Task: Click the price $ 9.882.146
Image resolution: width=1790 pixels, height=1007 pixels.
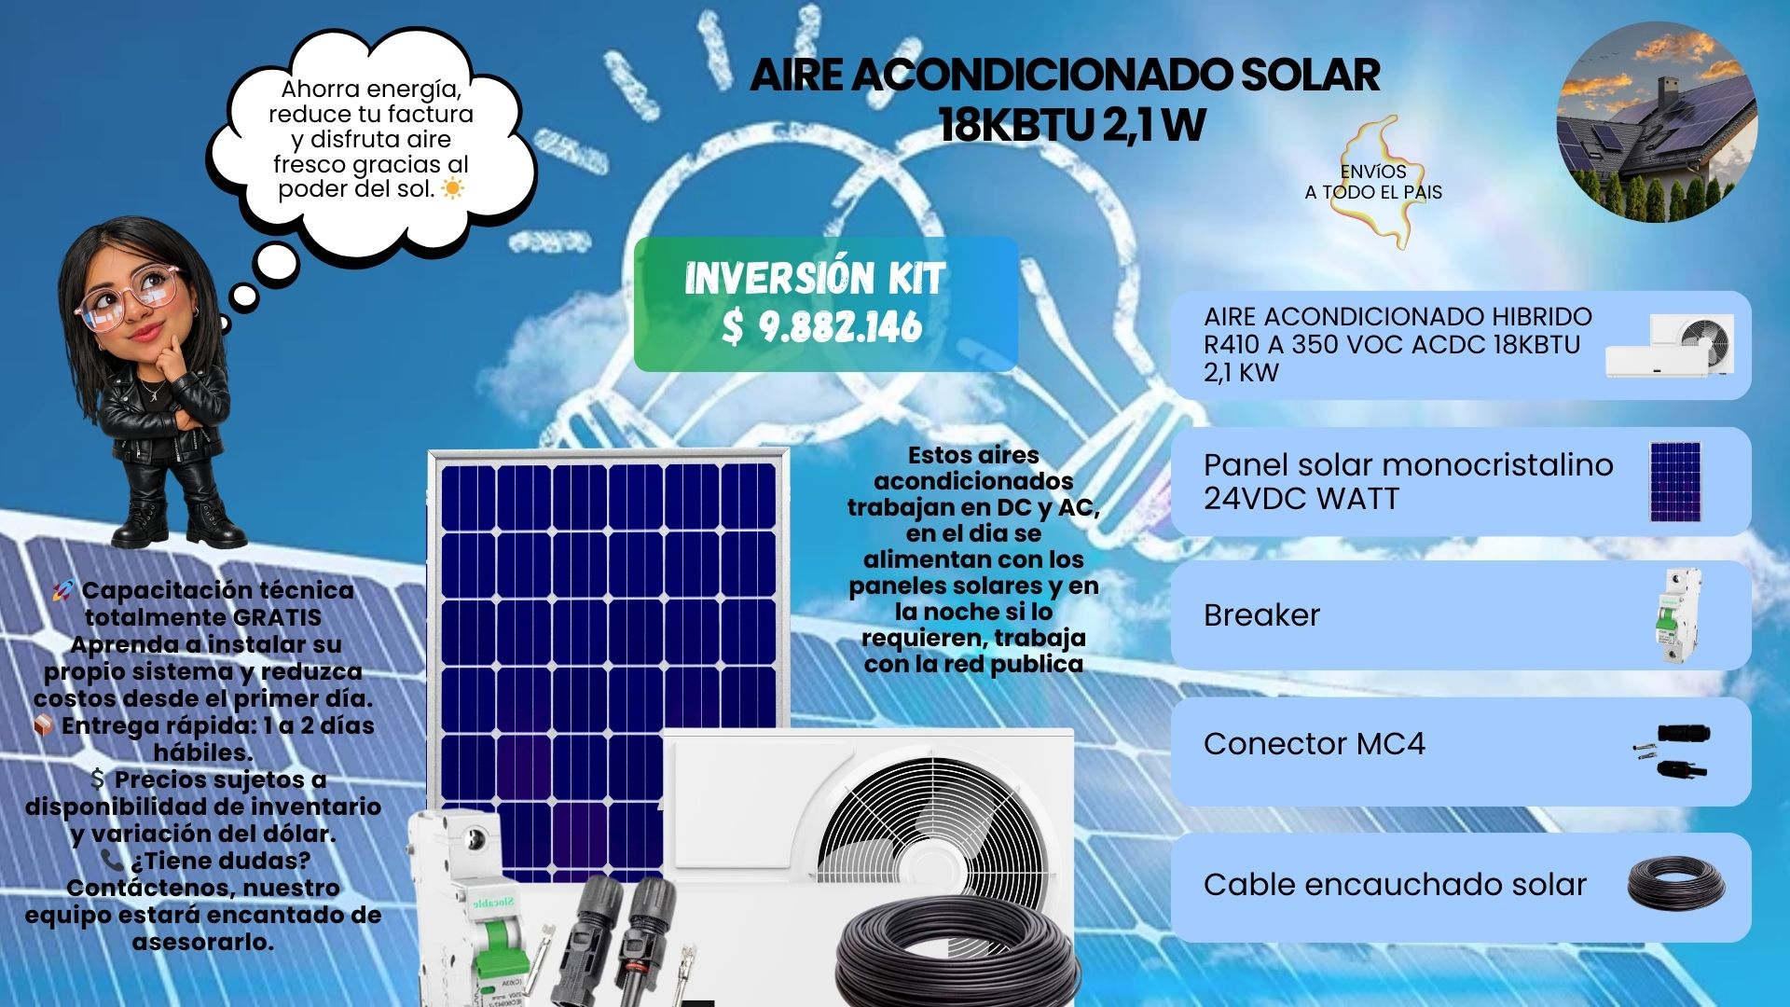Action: [822, 326]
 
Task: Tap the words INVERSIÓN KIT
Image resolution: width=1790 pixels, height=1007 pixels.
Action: [815, 278]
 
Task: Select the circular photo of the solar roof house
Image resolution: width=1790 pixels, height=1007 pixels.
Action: [1657, 122]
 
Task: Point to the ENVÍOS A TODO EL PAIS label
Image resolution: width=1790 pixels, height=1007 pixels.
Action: [1373, 182]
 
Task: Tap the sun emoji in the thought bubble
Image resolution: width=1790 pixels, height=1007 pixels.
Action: [452, 189]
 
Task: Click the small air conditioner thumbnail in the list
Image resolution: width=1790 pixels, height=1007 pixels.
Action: [1670, 345]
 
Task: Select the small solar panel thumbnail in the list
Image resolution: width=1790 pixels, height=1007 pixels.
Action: [1674, 481]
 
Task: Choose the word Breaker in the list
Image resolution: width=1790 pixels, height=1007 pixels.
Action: [1261, 615]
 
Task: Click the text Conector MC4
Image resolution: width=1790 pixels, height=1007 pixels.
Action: [1315, 744]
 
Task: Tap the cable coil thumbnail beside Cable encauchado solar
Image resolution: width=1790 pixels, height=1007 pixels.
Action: [1676, 883]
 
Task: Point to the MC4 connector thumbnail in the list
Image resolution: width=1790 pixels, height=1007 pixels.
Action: [1672, 752]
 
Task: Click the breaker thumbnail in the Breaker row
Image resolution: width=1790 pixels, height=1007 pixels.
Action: [1677, 615]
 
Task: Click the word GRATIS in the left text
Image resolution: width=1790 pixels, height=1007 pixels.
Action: [276, 617]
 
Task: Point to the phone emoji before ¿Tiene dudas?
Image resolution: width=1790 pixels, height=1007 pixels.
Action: [112, 860]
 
